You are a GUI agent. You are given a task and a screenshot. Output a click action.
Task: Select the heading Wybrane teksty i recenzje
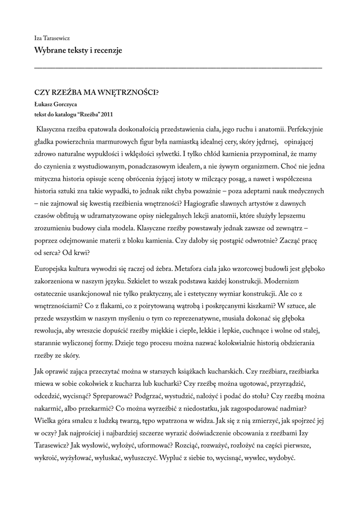click(78, 50)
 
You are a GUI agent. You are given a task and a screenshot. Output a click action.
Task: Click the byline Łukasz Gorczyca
click(56, 104)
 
